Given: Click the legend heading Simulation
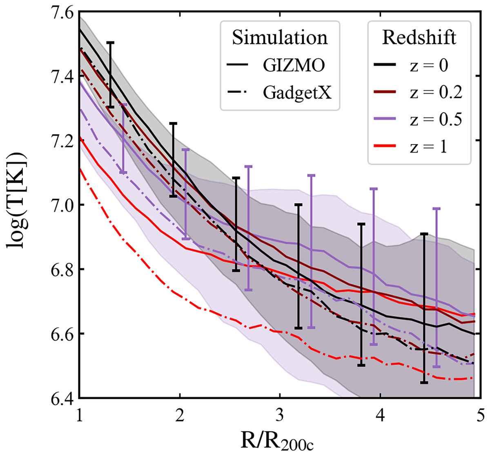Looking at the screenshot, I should tap(280, 38).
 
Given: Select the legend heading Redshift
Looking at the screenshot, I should tap(419, 38).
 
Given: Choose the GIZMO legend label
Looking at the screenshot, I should tap(294, 65).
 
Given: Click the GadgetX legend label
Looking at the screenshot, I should tap(297, 93).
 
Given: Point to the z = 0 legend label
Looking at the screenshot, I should tap(428, 66).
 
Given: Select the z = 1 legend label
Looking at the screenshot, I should tap(428, 146).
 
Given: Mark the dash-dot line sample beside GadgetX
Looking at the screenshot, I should tap(239, 93).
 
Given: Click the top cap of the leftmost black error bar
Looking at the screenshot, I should tap(110, 42).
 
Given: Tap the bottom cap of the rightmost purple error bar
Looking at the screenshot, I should tap(437, 366).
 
